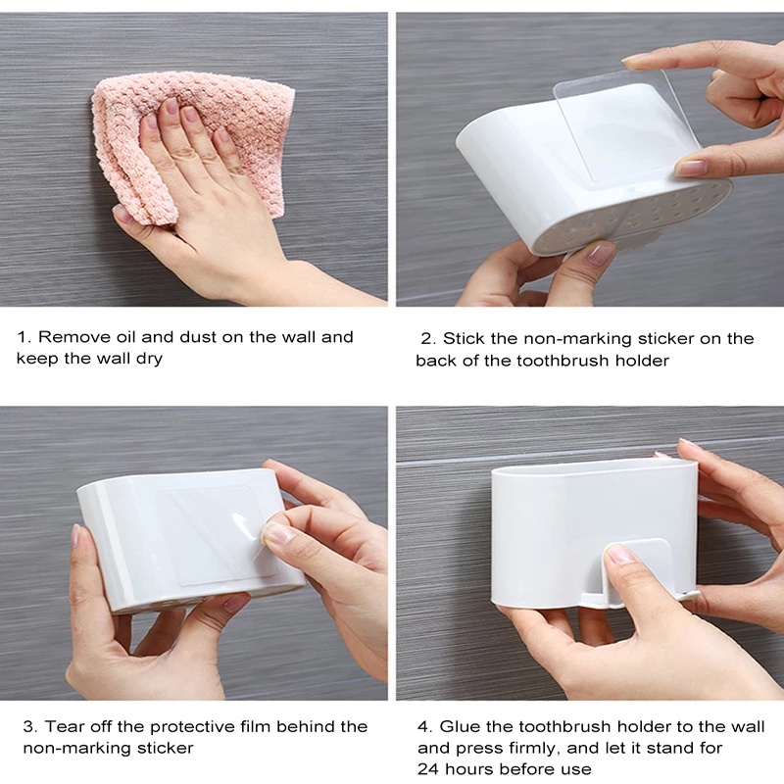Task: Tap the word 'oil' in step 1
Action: tap(125, 336)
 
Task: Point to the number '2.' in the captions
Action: tap(428, 339)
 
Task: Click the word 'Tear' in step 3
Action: tap(61, 726)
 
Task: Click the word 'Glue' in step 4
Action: tap(458, 726)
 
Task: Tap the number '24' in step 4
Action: tap(427, 768)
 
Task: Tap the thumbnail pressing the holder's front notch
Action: tap(620, 555)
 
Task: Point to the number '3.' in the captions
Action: tap(30, 726)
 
